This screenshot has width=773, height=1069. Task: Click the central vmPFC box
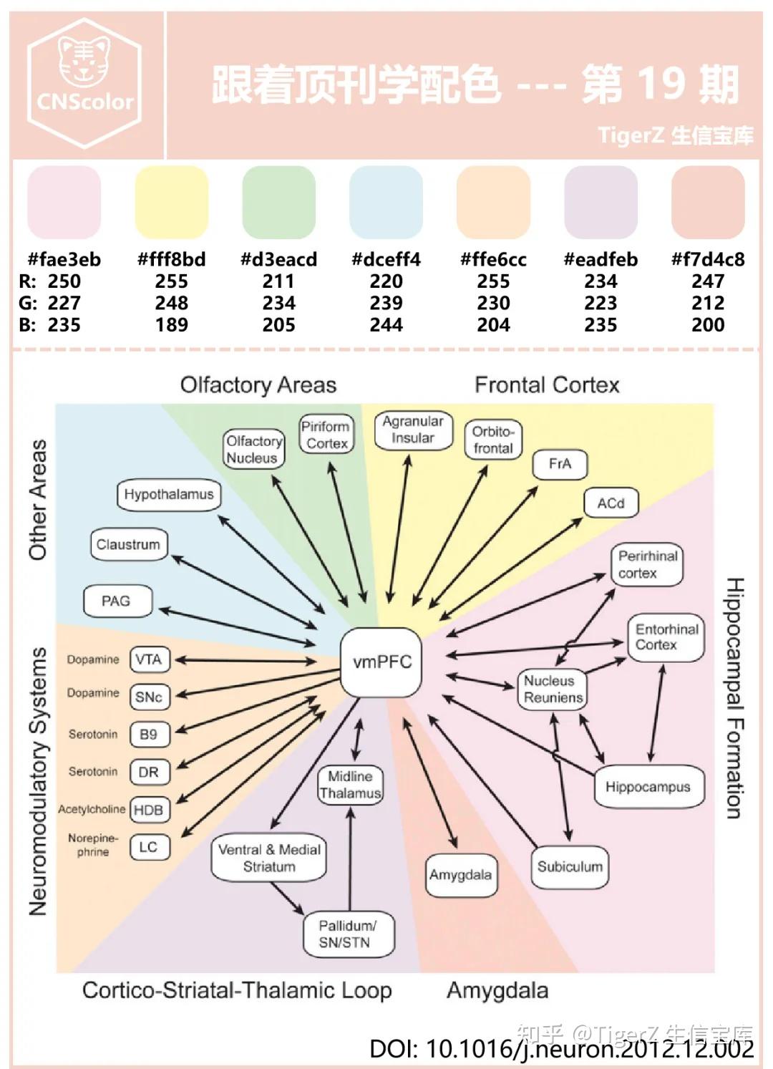click(x=381, y=662)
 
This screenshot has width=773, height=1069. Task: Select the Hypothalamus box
click(x=169, y=495)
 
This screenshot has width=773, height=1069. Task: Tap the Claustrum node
click(x=128, y=545)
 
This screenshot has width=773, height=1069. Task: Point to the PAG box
click(x=117, y=601)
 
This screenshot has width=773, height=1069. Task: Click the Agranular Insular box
click(x=413, y=430)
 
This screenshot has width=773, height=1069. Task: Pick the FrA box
click(x=560, y=464)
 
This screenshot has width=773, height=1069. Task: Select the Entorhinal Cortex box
click(x=666, y=637)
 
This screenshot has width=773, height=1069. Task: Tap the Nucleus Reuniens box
click(x=553, y=690)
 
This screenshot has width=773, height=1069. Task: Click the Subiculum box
click(x=570, y=867)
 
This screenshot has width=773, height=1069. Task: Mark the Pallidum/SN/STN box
click(x=348, y=934)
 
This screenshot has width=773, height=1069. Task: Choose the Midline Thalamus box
click(x=350, y=785)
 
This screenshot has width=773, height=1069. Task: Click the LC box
click(x=149, y=848)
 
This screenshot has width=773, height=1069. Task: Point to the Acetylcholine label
click(x=92, y=810)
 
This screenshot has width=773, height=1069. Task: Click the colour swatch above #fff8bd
click(x=172, y=202)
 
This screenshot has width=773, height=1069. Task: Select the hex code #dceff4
click(x=386, y=259)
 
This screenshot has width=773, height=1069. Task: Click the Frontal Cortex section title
click(x=547, y=385)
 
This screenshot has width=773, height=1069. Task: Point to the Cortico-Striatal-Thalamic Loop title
click(x=237, y=991)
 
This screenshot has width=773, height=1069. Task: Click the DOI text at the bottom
click(x=561, y=1049)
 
